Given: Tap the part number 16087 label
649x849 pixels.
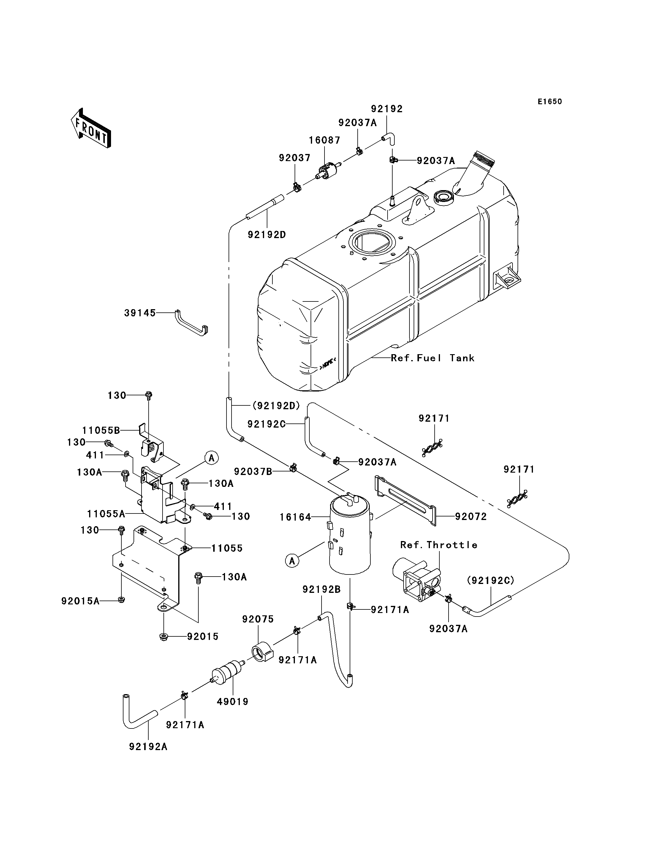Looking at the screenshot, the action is pos(324,140).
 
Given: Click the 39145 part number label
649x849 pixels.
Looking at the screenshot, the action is pos(140,313).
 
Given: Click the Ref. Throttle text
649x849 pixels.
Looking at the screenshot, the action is pos(439,545).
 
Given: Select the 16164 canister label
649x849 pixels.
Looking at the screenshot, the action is pos(295,517).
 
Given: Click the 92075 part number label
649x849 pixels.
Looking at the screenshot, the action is pos(258,619).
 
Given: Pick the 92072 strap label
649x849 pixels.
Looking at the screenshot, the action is pos(471,517).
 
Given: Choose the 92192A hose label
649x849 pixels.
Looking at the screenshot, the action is pos(148,747).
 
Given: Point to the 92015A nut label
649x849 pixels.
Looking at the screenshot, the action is pos(80,601).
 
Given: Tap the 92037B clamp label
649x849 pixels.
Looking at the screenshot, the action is pos(253,471).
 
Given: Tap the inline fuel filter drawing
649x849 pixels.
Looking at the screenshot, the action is pos(228,672).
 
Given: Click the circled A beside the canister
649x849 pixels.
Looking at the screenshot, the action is pos(292,560).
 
